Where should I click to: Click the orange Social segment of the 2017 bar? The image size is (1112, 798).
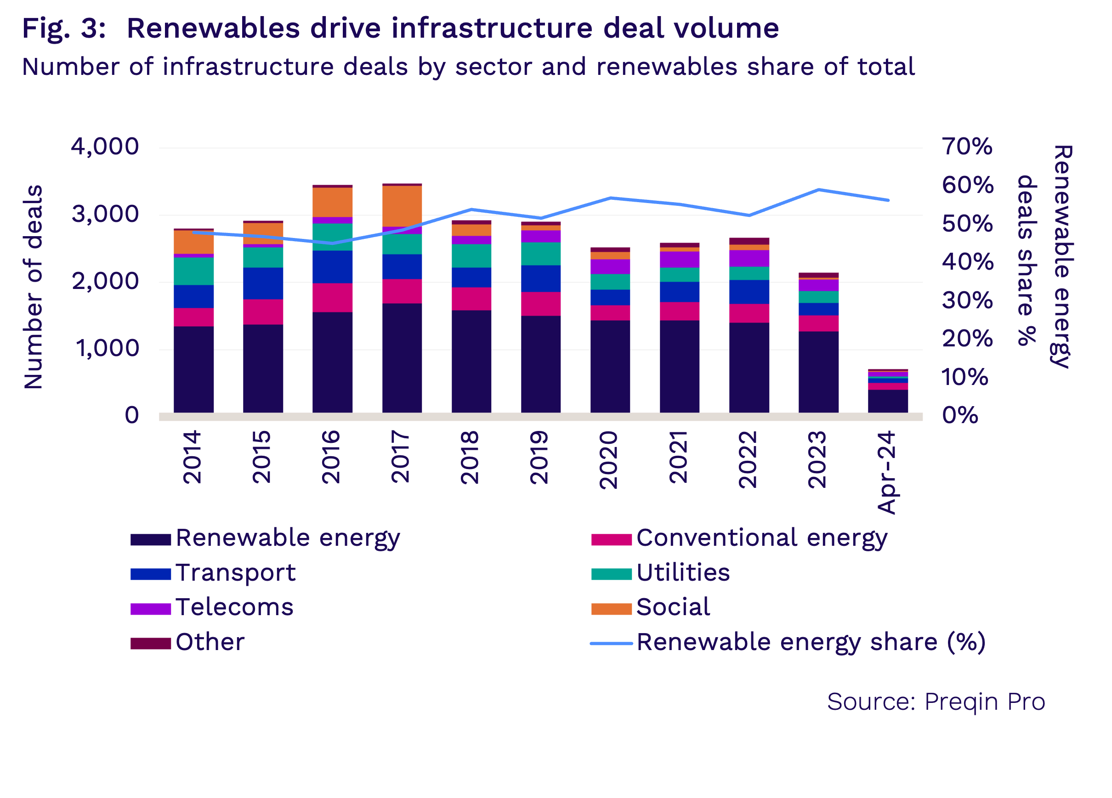point(402,206)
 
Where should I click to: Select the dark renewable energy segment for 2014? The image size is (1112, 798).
point(193,369)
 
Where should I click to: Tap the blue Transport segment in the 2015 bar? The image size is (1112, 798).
point(263,283)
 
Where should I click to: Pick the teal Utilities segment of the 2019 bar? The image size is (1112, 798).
point(541,254)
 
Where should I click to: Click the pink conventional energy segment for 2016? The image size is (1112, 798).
point(332,298)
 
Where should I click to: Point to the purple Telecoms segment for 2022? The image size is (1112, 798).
point(749,258)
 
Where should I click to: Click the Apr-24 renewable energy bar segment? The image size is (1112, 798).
point(888,401)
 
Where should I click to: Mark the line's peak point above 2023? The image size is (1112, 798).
point(819,189)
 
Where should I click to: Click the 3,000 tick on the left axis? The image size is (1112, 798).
point(105,214)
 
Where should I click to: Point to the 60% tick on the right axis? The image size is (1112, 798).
point(967,185)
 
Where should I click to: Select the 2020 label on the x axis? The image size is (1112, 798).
point(609,459)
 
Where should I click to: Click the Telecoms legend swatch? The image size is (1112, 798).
point(151,609)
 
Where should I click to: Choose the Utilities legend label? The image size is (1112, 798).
point(682,572)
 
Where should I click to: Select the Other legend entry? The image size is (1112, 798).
point(210,642)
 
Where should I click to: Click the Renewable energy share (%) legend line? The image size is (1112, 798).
point(611,643)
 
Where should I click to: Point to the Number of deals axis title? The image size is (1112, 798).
point(34,287)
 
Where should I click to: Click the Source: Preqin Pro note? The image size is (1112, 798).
point(936,702)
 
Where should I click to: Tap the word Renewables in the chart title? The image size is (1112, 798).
point(213,28)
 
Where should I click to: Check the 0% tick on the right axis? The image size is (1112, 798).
point(959,416)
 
